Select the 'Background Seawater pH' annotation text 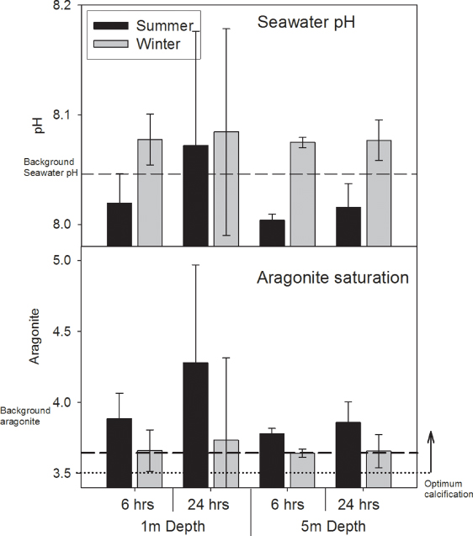49,167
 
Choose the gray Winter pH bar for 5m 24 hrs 379,193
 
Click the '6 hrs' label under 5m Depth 288,506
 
